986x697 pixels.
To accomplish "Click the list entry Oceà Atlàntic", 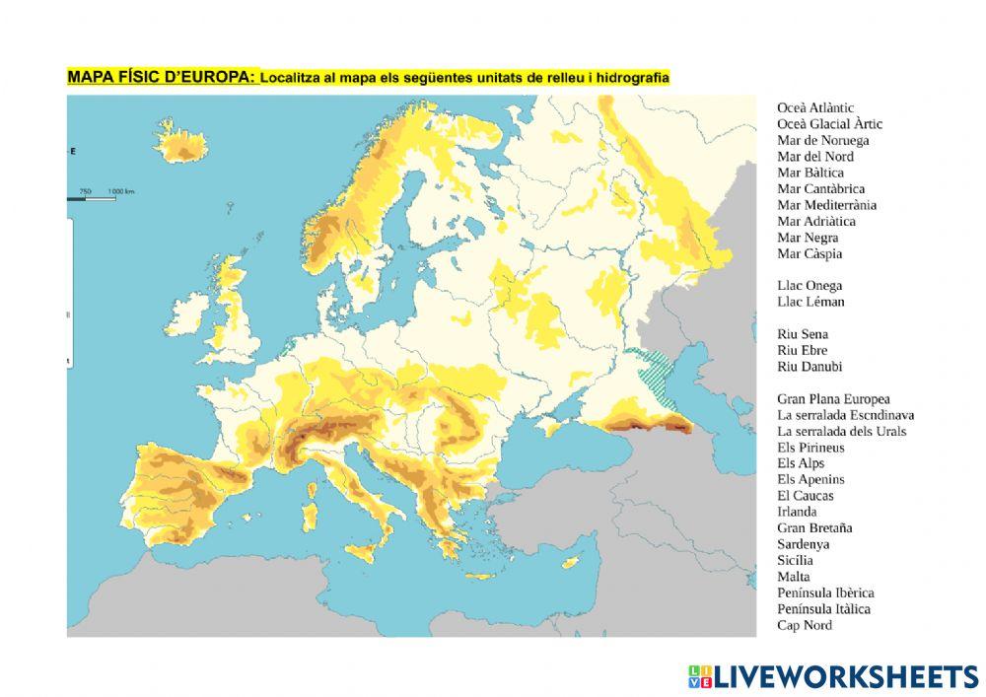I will [x=814, y=107].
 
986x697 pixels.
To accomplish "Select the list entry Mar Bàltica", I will [x=810, y=173].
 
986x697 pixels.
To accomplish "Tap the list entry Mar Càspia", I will [x=809, y=253].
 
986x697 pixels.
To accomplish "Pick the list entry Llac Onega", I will [x=810, y=286].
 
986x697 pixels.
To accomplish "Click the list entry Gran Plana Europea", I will [x=833, y=399].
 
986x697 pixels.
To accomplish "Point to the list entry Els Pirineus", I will [x=810, y=448].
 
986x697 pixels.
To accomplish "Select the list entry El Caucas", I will [x=805, y=496].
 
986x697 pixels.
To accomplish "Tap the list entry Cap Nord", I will [x=804, y=625].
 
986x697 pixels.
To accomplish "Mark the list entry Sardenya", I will [x=803, y=544].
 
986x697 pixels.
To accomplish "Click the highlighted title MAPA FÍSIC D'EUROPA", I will [x=162, y=77].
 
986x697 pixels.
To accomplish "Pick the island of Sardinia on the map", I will [x=310, y=515].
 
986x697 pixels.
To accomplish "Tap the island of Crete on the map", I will [x=480, y=576].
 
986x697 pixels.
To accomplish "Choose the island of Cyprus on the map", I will [x=569, y=564].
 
